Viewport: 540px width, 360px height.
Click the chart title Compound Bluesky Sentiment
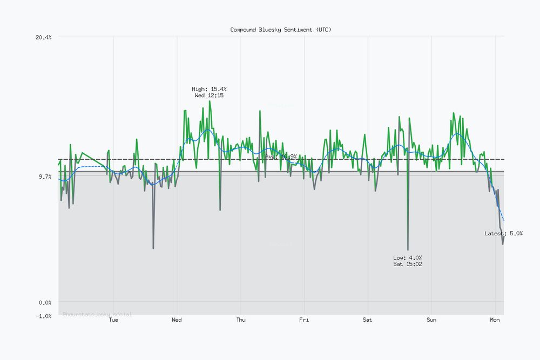(x=281, y=30)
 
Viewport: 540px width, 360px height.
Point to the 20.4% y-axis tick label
(x=43, y=37)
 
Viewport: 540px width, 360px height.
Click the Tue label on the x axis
(x=113, y=320)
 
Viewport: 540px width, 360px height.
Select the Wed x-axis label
(x=177, y=320)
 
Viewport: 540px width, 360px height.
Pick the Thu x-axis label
(x=241, y=320)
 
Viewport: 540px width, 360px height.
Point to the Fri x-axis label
(x=304, y=320)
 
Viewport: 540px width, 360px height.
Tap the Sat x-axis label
(x=367, y=320)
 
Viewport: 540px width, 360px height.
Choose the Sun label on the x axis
(x=431, y=320)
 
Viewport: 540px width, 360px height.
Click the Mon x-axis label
(x=495, y=320)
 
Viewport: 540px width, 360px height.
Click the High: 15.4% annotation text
(x=209, y=89)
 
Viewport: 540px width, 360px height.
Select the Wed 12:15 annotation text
(x=209, y=95)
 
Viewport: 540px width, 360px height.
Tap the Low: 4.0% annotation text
(x=408, y=257)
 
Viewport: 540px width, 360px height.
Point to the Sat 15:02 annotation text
(x=408, y=264)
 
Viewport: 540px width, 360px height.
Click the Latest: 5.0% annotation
(x=503, y=233)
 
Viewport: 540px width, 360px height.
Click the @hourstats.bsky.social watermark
(x=97, y=314)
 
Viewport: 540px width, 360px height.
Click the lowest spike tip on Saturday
(x=408, y=249)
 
